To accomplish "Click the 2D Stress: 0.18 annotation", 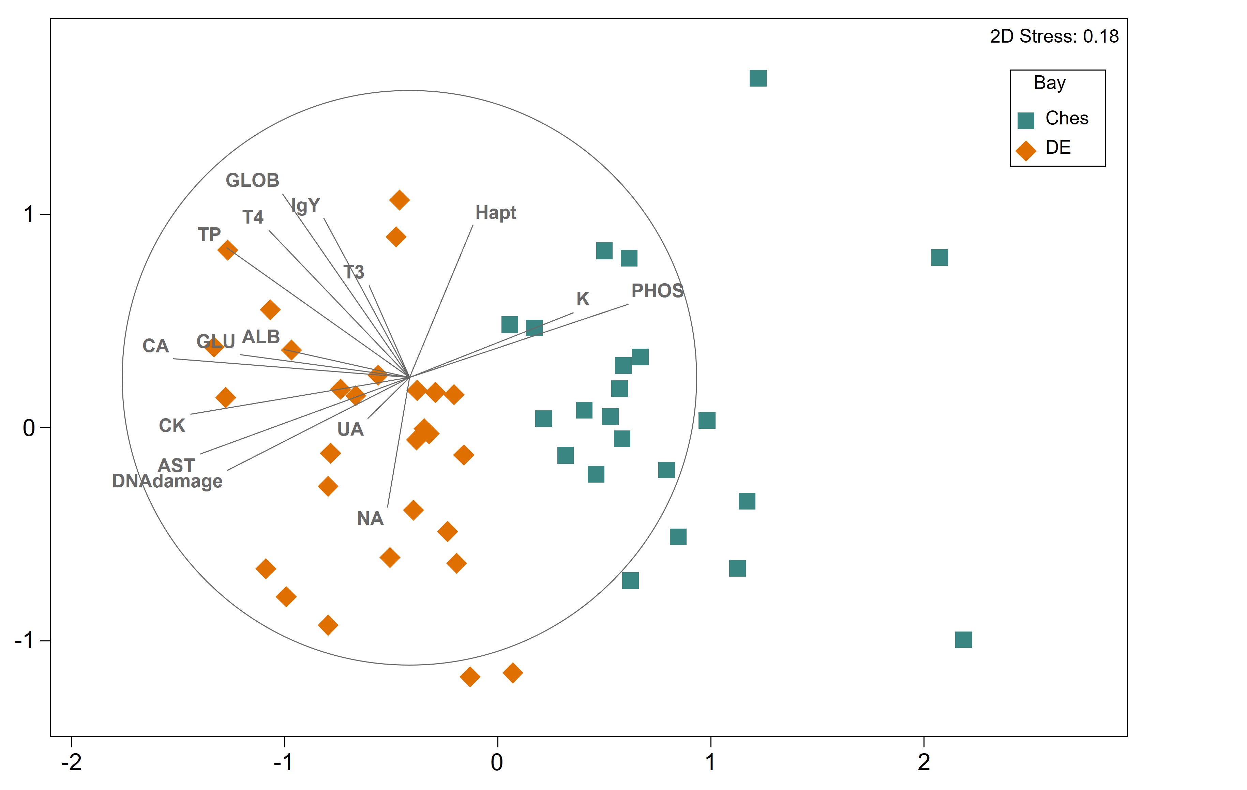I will coord(1054,36).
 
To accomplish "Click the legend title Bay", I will coord(1049,83).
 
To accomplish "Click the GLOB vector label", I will coord(252,181).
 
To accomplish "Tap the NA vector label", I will coord(370,519).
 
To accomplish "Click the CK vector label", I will coord(172,426).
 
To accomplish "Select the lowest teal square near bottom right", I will coord(963,640).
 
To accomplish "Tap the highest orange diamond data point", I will coord(399,200).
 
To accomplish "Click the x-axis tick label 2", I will coord(923,762).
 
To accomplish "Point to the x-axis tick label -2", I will coord(72,762).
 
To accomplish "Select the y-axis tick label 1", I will coord(29,214).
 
